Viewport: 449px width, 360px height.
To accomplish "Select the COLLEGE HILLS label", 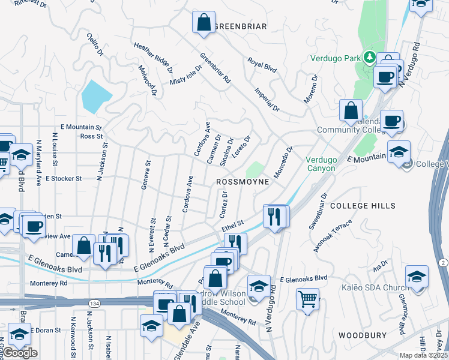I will pos(363,206).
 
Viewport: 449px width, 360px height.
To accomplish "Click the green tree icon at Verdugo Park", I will pos(371,58).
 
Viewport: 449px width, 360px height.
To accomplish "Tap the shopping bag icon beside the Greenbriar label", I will pos(203,22).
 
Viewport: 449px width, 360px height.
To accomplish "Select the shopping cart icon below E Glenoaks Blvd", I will pos(307,298).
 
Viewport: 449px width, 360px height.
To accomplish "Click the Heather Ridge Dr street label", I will pos(154,55).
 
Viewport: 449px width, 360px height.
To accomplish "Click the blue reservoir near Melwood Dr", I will pos(96,96).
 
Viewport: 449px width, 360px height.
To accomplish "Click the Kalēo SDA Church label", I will pos(381,288).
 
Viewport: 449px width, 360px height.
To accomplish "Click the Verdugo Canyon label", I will pos(324,164).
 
